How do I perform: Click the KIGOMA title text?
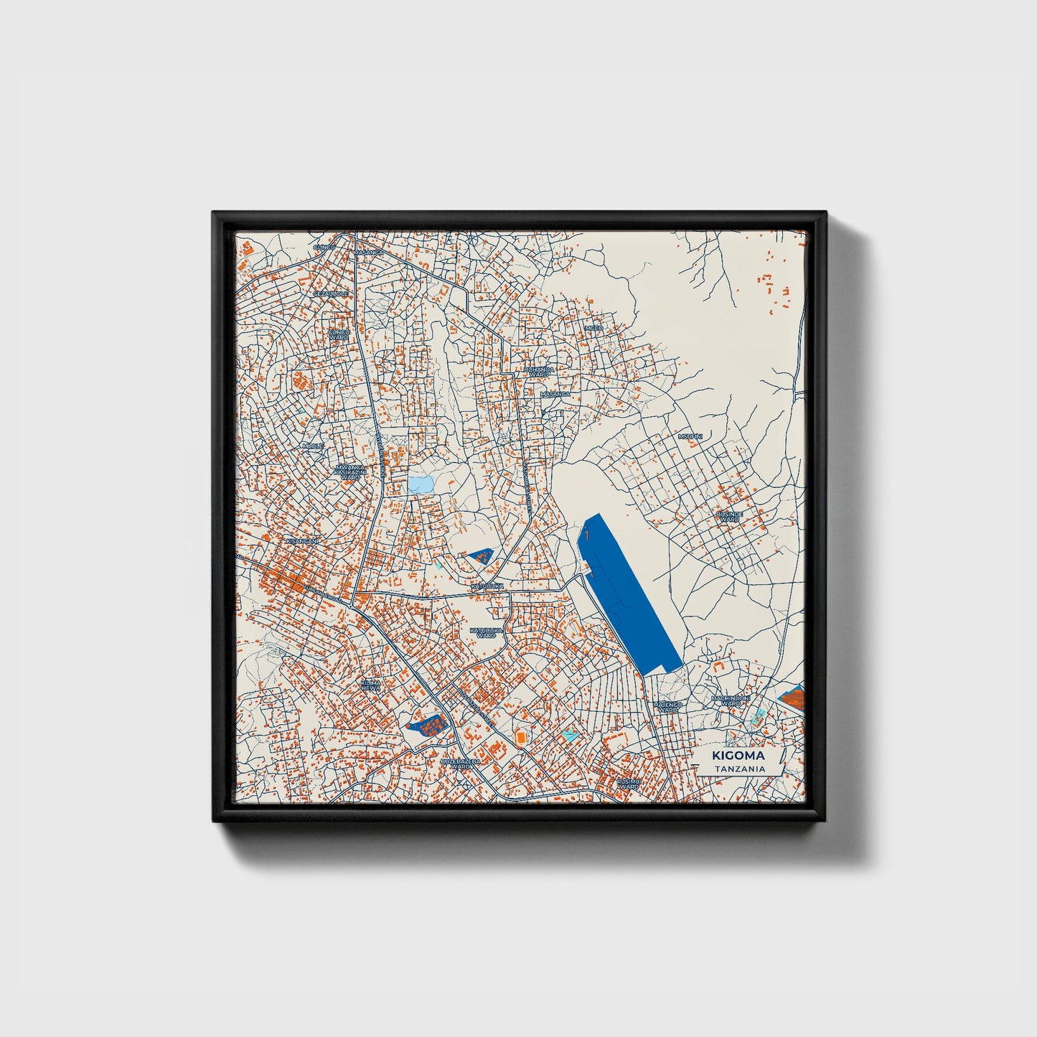738,756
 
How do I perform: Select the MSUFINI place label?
690,436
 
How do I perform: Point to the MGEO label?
593,328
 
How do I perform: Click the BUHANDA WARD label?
539,372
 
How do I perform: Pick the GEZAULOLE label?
330,294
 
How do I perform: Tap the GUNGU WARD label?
338,334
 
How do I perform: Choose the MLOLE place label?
313,446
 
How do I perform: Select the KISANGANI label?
301,540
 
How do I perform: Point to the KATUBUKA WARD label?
482,633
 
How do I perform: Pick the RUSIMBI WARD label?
629,784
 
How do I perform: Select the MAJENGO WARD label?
667,708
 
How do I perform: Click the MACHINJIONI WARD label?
730,700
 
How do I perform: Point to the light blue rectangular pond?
421,484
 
